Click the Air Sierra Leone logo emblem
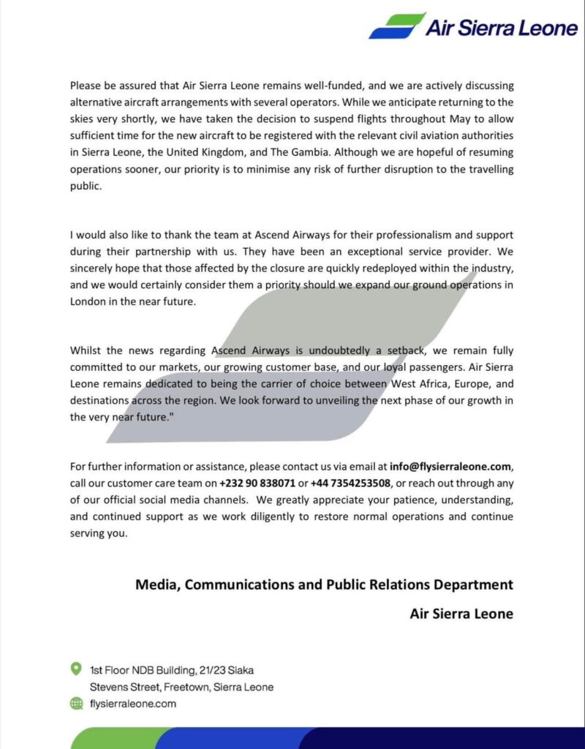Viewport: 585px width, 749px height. [397, 26]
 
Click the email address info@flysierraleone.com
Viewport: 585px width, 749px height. [451, 466]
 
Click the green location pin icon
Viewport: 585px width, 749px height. [75, 669]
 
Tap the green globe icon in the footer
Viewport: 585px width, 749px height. [75, 703]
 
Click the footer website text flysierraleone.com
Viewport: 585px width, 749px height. [133, 704]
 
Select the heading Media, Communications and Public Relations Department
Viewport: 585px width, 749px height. [324, 585]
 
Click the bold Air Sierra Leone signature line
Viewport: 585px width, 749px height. [461, 614]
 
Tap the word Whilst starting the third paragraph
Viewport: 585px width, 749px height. [86, 350]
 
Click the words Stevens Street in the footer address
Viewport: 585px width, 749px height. [121, 687]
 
